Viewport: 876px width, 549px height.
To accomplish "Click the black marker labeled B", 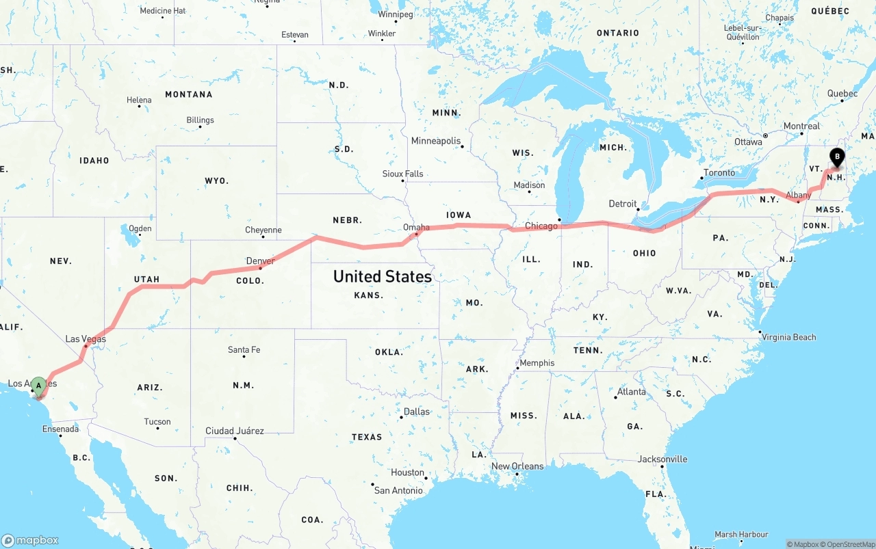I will pos(836,158).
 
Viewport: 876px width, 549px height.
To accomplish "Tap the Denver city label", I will pos(260,260).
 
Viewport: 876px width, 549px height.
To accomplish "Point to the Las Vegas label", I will pos(86,338).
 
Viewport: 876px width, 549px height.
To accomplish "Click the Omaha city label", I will pos(416,227).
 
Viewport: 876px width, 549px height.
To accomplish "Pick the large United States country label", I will pos(383,276).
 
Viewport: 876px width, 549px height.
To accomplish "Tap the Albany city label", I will pos(799,196).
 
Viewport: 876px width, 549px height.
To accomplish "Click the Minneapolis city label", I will pos(436,141).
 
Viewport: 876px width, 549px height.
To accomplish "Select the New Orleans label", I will pos(517,466).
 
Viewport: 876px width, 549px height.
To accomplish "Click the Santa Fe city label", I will pos(244,349).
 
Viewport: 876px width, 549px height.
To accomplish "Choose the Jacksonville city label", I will pos(662,459).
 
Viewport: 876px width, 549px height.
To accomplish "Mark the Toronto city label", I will pos(719,173).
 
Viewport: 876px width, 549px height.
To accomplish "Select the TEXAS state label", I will pos(367,437).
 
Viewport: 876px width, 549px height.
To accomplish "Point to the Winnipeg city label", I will pos(396,14).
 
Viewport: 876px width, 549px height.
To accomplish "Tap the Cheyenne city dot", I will pos(263,237).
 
